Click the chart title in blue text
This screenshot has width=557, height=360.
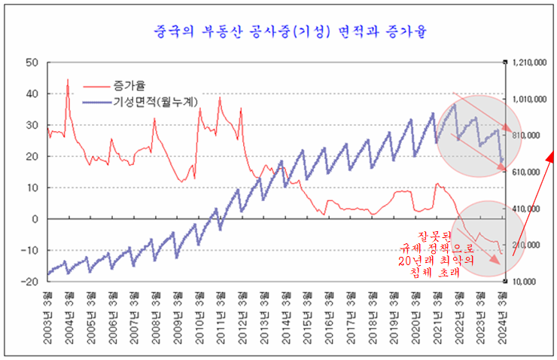[279, 32]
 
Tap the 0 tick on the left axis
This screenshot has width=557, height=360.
[35, 219]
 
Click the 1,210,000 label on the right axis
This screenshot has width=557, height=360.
[529, 63]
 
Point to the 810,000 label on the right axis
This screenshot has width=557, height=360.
[527, 136]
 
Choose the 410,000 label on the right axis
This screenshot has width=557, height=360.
[527, 209]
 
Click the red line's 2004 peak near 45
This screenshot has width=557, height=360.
[68, 79]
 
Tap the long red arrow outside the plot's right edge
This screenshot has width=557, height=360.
[534, 203]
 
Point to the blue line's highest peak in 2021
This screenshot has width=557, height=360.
[454, 105]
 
